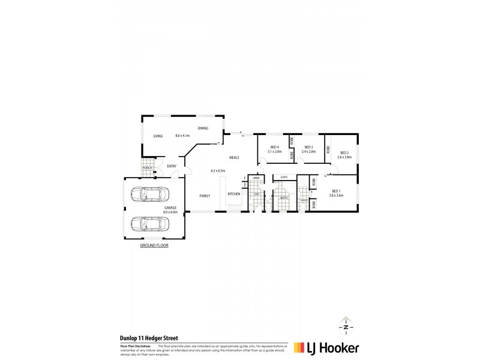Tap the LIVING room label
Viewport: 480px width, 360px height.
pyautogui.click(x=158, y=136)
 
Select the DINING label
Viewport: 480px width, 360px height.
pyautogui.click(x=203, y=128)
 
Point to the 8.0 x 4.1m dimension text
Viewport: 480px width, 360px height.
pyautogui.click(x=182, y=136)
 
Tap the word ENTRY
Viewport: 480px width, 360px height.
pyautogui.click(x=172, y=166)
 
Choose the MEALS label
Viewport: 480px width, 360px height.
pyautogui.click(x=234, y=158)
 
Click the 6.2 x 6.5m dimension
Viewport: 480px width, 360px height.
pyautogui.click(x=218, y=170)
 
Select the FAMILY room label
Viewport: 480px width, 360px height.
pyautogui.click(x=205, y=195)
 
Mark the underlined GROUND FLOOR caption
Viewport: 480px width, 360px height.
pyautogui.click(x=154, y=246)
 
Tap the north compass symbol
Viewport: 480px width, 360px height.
pyautogui.click(x=346, y=328)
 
